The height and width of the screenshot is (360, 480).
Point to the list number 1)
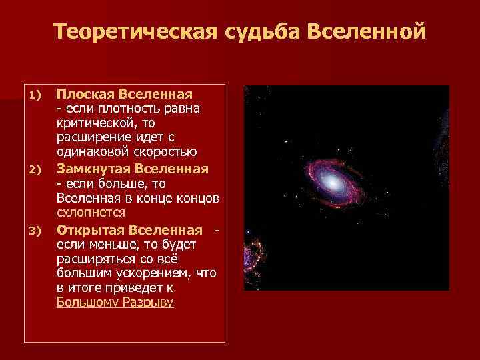[36, 95]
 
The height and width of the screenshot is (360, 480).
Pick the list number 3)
[36, 231]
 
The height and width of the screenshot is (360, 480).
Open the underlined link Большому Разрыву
[115, 302]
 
